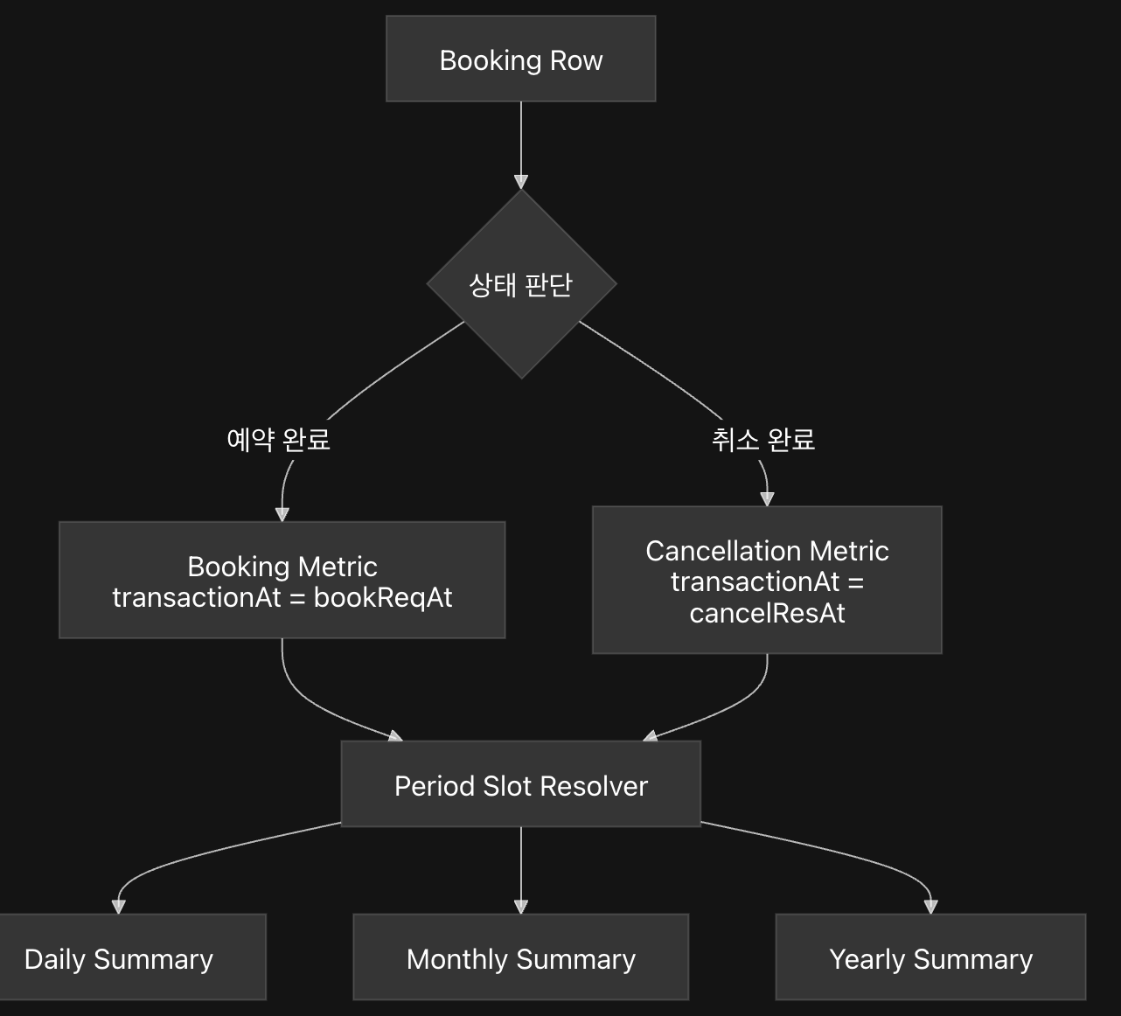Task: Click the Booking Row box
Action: (x=521, y=59)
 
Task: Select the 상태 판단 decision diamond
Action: (x=521, y=284)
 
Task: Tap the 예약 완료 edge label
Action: (x=278, y=440)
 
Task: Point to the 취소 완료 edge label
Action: (x=763, y=440)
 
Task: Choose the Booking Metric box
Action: (x=282, y=580)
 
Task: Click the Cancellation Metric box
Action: (x=767, y=580)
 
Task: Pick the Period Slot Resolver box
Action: (x=521, y=783)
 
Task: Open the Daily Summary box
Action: (x=132, y=957)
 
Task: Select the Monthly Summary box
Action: (x=521, y=957)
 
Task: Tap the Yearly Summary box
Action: (x=931, y=957)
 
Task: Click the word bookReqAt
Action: (x=383, y=598)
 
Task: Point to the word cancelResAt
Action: (x=767, y=613)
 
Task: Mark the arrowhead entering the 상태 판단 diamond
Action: (x=521, y=182)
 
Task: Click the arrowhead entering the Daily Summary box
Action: (x=118, y=907)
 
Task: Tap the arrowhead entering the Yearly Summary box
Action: (x=931, y=907)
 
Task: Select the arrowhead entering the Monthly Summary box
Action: (x=521, y=907)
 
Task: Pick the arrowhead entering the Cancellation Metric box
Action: (x=767, y=499)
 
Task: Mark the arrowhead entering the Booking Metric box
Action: (x=282, y=515)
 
